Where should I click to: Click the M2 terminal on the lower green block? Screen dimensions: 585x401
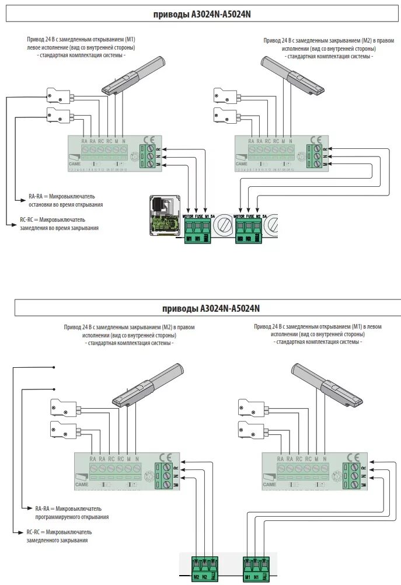pyautogui.click(x=196, y=577)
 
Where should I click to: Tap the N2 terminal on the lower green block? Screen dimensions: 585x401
pyautogui.click(x=205, y=577)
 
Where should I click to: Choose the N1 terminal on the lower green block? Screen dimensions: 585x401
pyautogui.click(x=257, y=577)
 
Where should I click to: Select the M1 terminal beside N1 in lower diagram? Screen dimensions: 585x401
pyautogui.click(x=247, y=577)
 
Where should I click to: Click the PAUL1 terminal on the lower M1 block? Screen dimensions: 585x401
pyautogui.click(x=266, y=577)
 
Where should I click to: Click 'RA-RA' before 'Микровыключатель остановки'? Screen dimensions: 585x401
pyautogui.click(x=36, y=197)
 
